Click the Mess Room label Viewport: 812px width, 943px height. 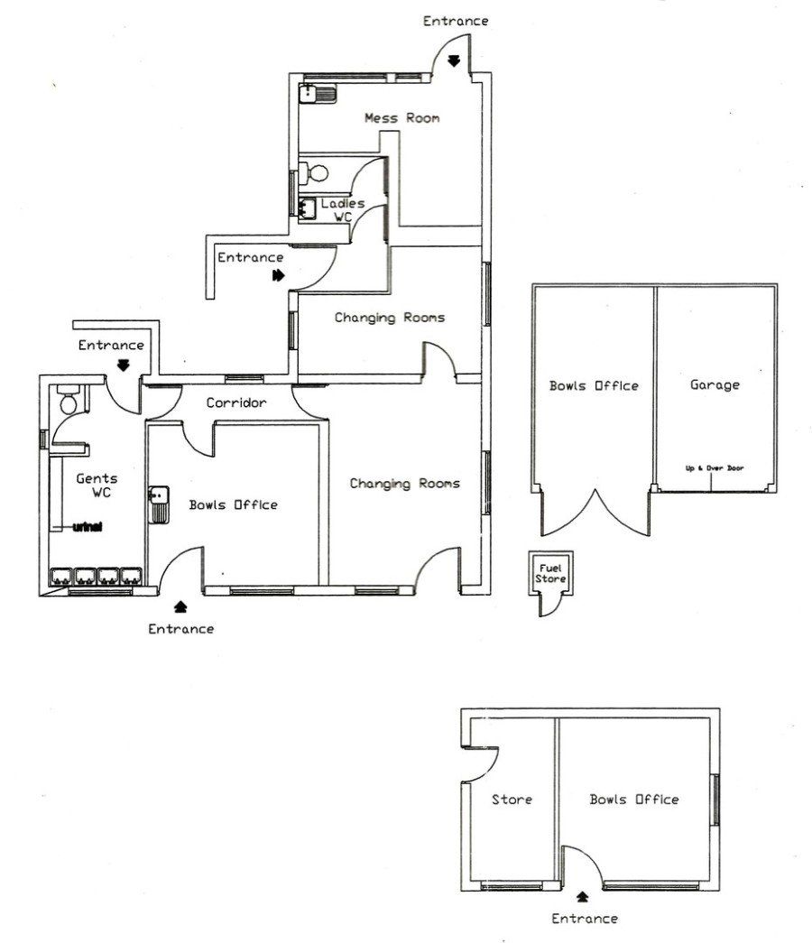pyautogui.click(x=401, y=118)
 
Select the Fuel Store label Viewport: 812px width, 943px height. pyautogui.click(x=550, y=573)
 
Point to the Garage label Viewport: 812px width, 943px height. pyautogui.click(x=715, y=385)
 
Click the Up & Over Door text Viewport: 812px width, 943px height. pyautogui.click(x=715, y=468)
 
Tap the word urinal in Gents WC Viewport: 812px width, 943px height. pyautogui.click(x=88, y=527)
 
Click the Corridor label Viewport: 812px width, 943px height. pyautogui.click(x=235, y=402)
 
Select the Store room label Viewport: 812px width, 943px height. pyautogui.click(x=512, y=800)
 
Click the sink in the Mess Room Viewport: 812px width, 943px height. pyautogui.click(x=318, y=94)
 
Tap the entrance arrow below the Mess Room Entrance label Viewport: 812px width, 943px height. pyautogui.click(x=454, y=60)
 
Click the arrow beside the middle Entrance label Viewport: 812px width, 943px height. pyautogui.click(x=278, y=275)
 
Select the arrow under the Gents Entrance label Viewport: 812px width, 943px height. pyautogui.click(x=124, y=365)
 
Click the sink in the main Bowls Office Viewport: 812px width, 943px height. pyautogui.click(x=159, y=504)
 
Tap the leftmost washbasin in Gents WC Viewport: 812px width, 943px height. pyautogui.click(x=61, y=576)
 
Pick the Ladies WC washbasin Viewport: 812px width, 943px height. pyautogui.click(x=308, y=208)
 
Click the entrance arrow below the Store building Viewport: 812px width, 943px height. pyautogui.click(x=582, y=897)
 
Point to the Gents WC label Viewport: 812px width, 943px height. pyautogui.click(x=97, y=485)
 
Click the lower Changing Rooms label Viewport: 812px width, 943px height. pyautogui.click(x=405, y=484)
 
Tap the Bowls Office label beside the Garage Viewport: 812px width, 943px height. pyautogui.click(x=594, y=385)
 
